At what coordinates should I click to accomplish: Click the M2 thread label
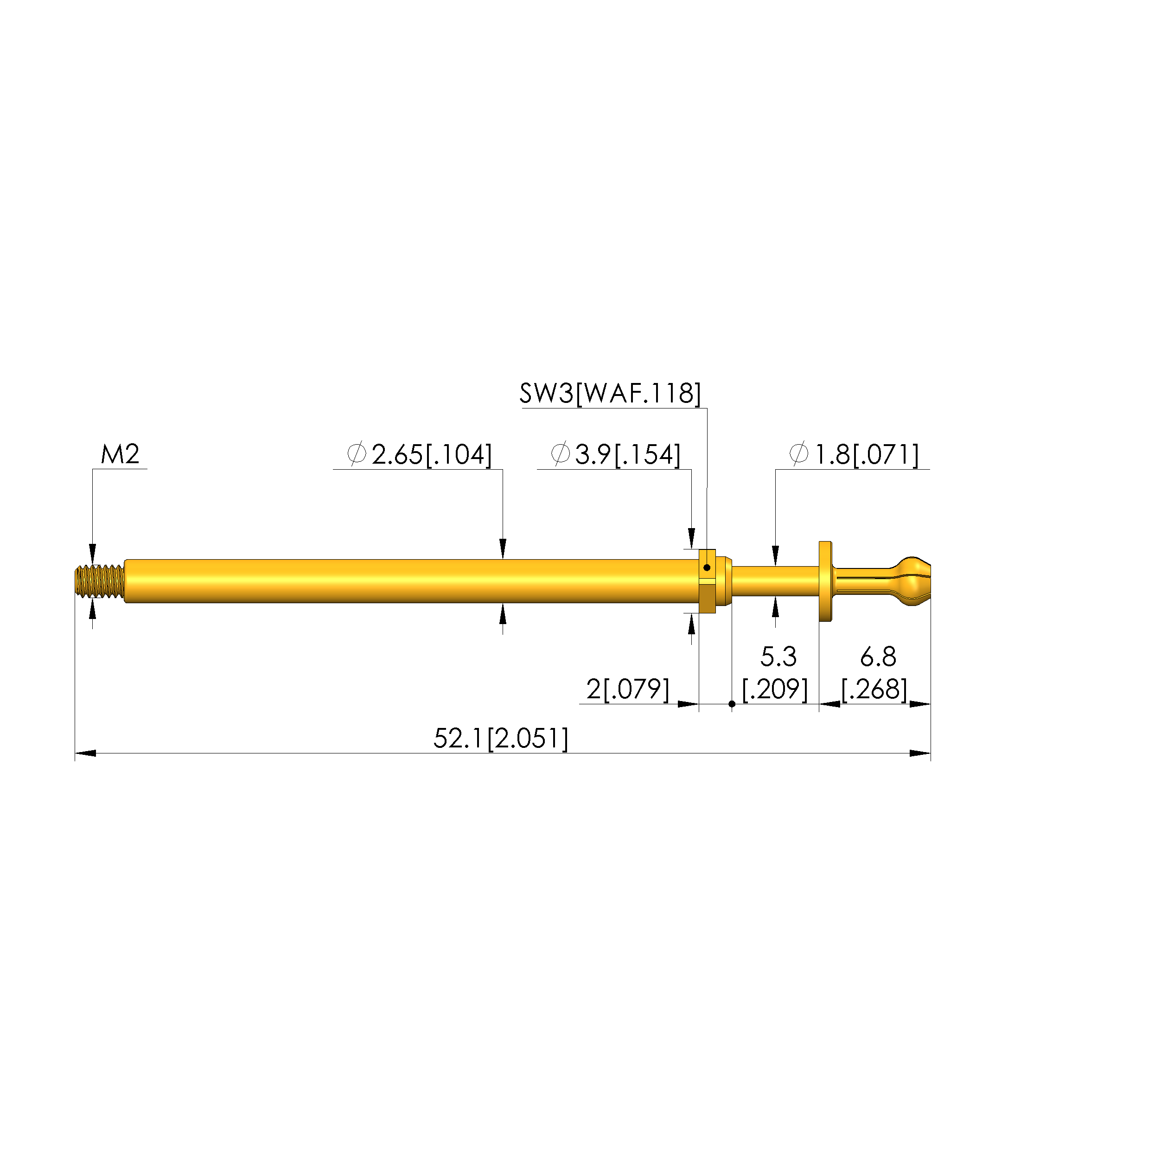point(120,454)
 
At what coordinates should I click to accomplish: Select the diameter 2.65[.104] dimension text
point(420,455)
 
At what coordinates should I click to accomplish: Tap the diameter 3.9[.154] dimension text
point(616,455)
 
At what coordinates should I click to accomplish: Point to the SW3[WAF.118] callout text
point(611,394)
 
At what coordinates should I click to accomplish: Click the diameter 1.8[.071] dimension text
point(854,455)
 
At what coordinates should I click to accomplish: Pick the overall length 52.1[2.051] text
point(501,739)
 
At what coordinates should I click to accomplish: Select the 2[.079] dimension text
point(628,689)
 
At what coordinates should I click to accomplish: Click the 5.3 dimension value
point(778,657)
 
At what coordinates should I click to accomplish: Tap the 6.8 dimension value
point(878,657)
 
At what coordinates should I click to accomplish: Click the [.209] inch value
point(775,689)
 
